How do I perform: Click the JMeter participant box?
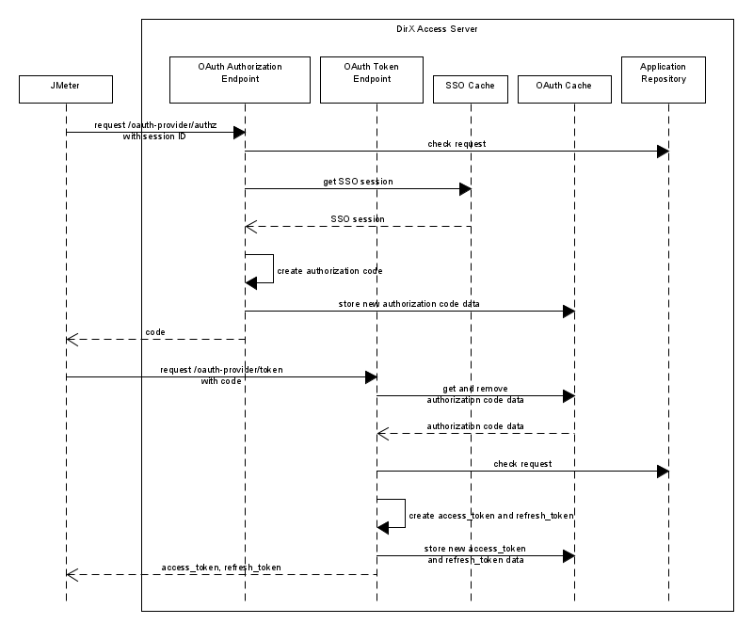pos(66,89)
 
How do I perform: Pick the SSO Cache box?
pos(471,89)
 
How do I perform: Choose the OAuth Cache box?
pos(564,89)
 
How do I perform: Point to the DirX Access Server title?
pos(437,30)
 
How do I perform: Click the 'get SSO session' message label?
pos(357,181)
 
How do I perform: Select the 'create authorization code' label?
pos(329,271)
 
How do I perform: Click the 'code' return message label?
pos(155,331)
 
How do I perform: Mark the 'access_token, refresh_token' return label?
pos(221,568)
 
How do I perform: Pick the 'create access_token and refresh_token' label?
pos(491,516)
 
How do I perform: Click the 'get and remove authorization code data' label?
pos(475,393)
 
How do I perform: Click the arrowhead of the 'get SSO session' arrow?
pos(465,189)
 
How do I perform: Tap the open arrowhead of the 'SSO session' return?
pos(250,227)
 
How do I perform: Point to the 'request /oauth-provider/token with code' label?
pos(221,375)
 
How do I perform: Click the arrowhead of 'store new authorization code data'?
pos(569,312)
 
